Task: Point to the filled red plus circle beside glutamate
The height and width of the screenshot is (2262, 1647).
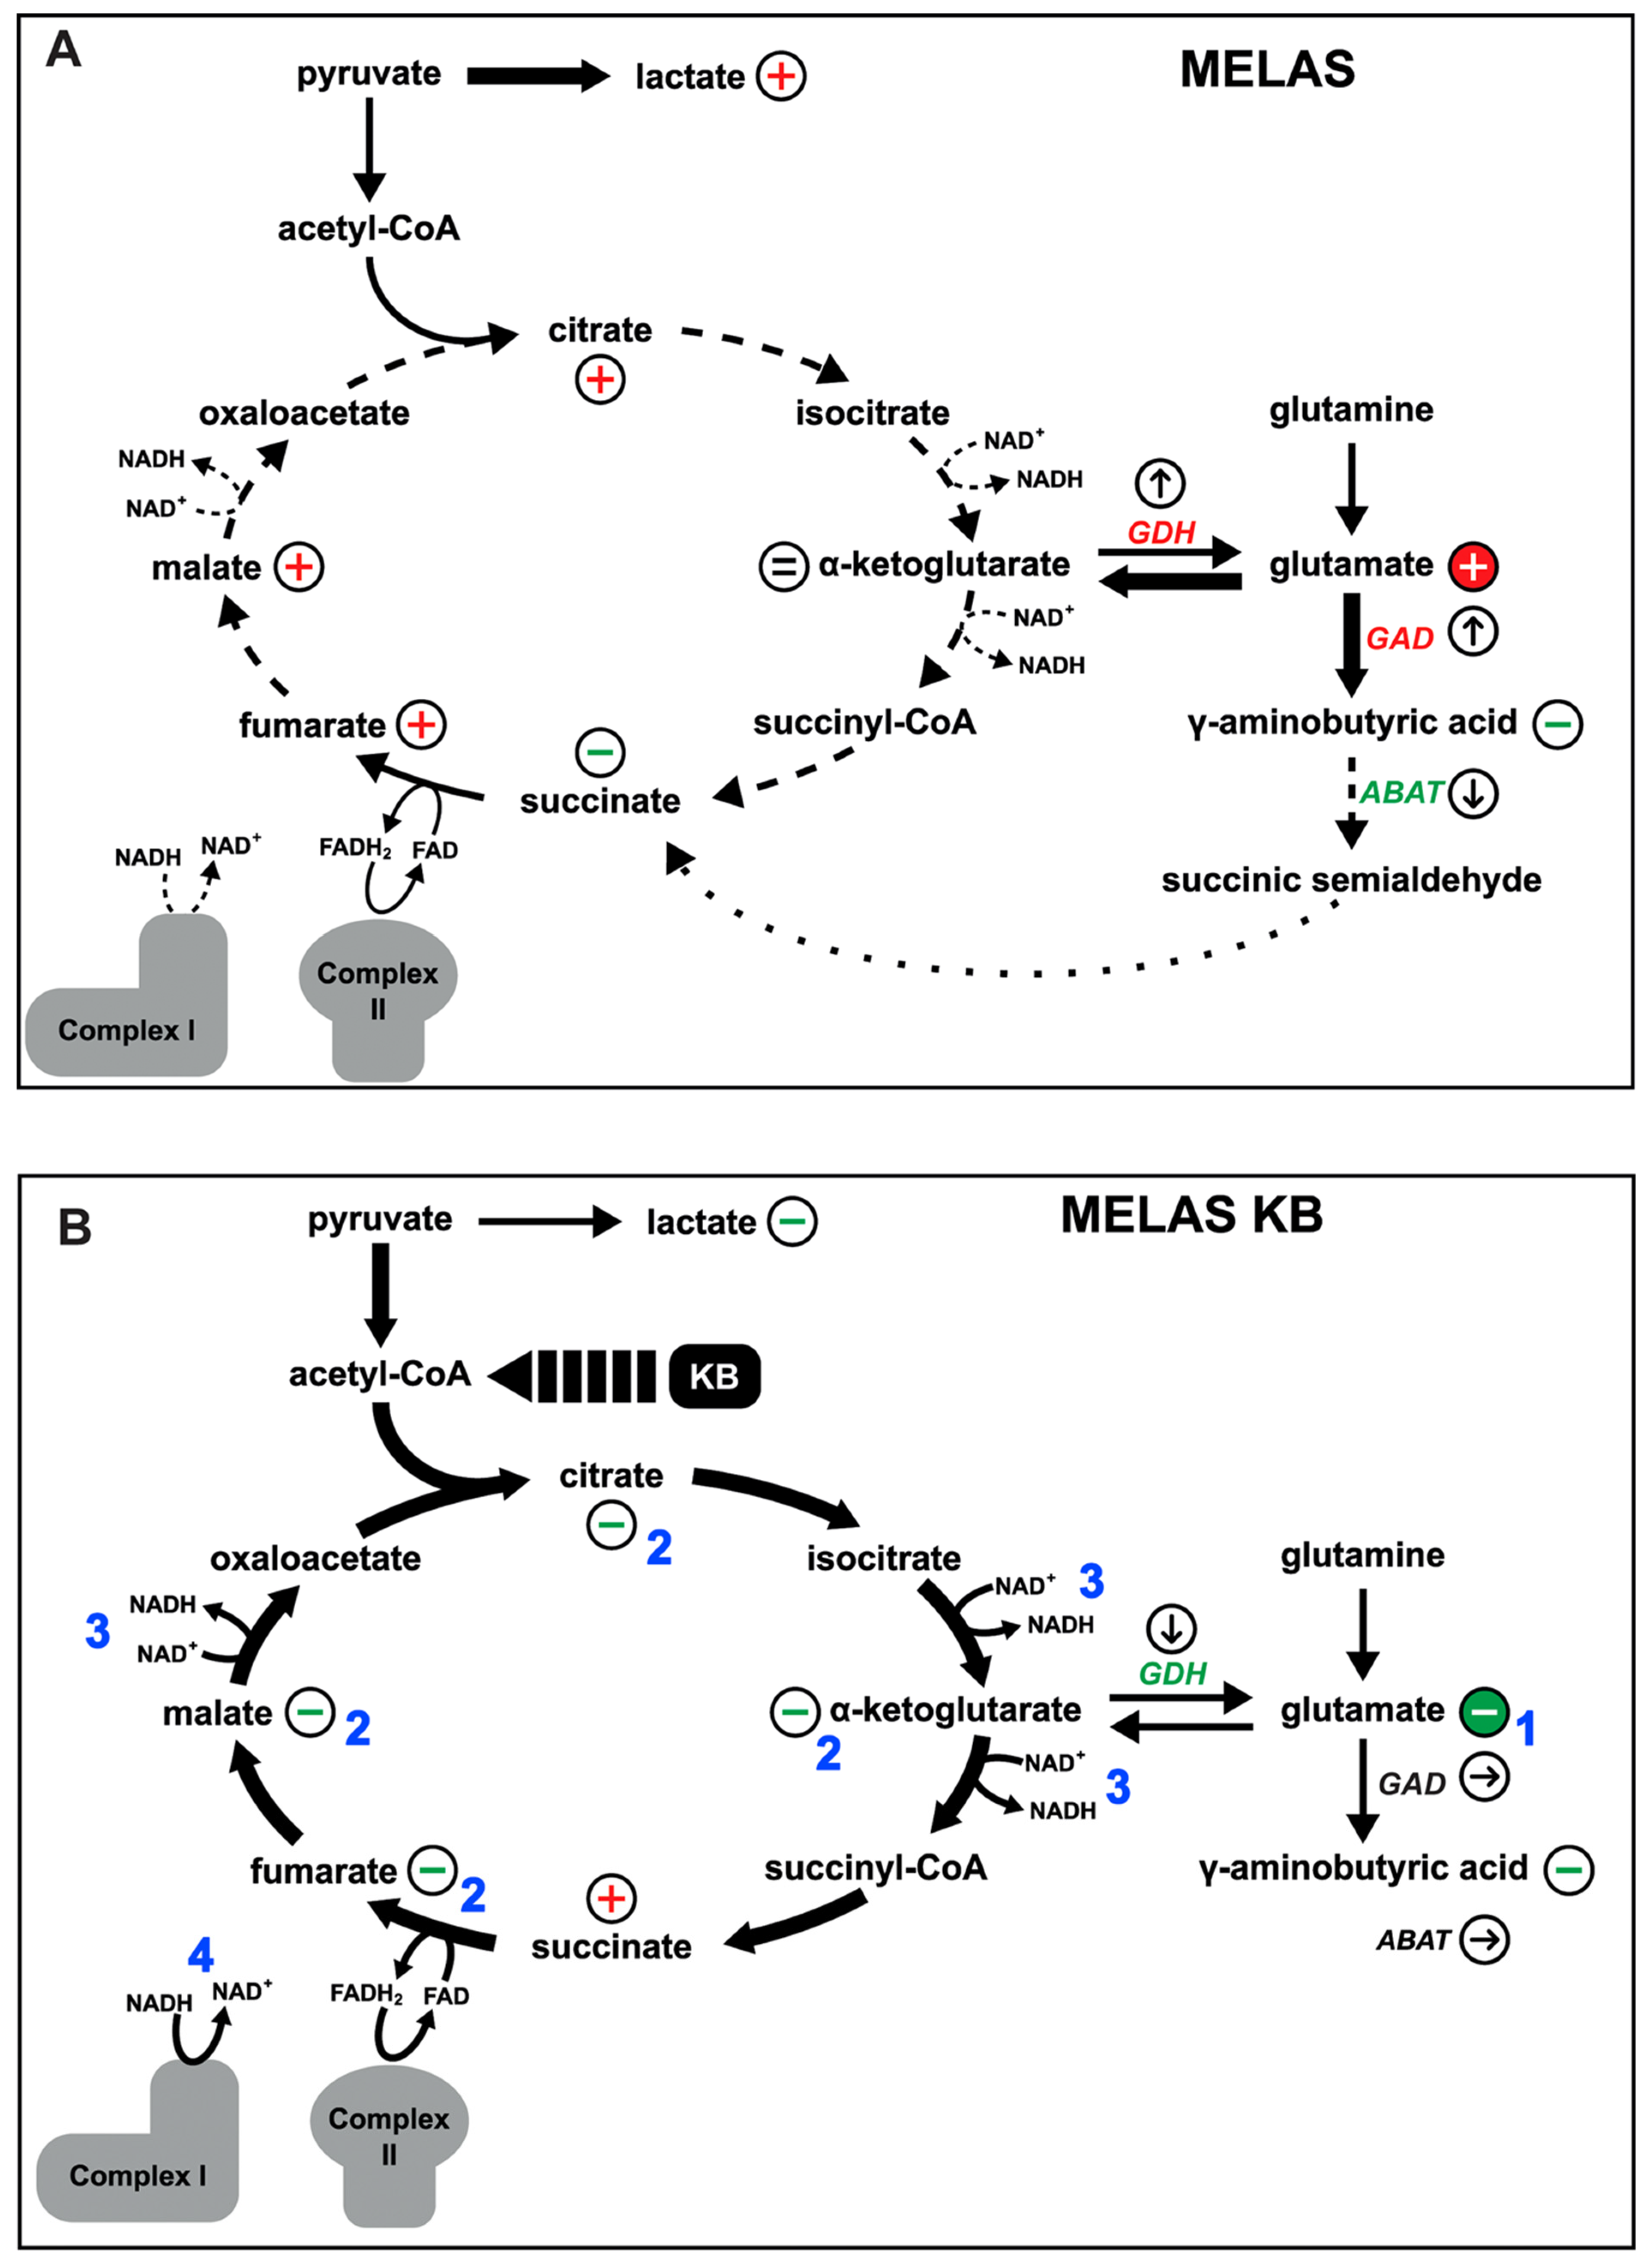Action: point(1473,566)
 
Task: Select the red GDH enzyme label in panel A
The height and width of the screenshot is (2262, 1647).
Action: point(1161,533)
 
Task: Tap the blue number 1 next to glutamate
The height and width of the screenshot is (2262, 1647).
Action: point(1525,1728)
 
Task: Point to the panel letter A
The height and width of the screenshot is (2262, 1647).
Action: point(63,48)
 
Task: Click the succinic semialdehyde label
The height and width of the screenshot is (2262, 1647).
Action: point(1351,880)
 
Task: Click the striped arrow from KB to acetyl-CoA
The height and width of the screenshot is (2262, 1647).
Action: point(573,1376)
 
